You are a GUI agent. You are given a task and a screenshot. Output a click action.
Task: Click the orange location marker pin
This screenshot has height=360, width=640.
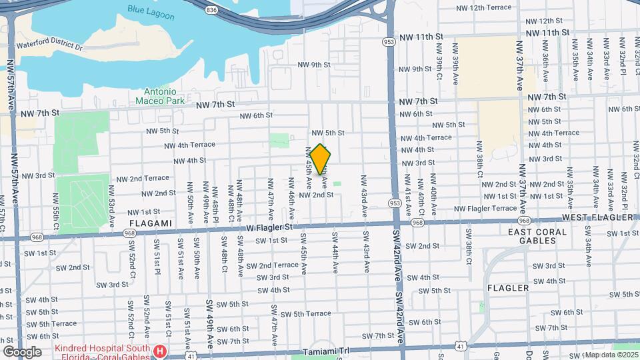(321, 160)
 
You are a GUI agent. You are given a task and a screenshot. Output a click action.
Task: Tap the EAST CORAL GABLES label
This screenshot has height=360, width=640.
(537, 237)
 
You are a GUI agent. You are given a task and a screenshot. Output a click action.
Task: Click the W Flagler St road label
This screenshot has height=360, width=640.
(270, 227)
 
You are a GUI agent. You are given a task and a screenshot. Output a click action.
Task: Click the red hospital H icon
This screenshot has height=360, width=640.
(160, 351)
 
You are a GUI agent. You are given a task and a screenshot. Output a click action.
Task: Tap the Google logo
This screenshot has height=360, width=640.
(22, 351)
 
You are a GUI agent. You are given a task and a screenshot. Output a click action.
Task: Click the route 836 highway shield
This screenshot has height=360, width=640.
(212, 10)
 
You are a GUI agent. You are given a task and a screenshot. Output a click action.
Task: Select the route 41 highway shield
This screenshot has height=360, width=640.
(461, 345)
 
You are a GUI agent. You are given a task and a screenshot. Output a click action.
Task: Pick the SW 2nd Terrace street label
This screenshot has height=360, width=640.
(272, 265)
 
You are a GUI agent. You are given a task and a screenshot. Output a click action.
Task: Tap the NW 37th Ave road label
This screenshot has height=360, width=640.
(519, 65)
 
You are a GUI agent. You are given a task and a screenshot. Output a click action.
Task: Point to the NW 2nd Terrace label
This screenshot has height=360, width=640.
(143, 179)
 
